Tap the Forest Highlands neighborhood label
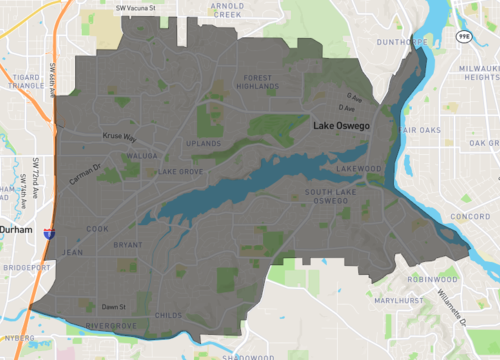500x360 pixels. tap(257, 82)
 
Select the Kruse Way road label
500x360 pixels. tap(118, 137)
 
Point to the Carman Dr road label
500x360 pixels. tap(86, 176)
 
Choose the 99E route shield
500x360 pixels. tap(463, 35)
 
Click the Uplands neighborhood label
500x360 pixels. tap(204, 145)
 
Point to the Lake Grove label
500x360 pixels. tap(181, 171)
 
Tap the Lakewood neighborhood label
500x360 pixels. tap(360, 169)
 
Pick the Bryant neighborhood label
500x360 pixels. tap(127, 244)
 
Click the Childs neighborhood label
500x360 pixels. tap(170, 315)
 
